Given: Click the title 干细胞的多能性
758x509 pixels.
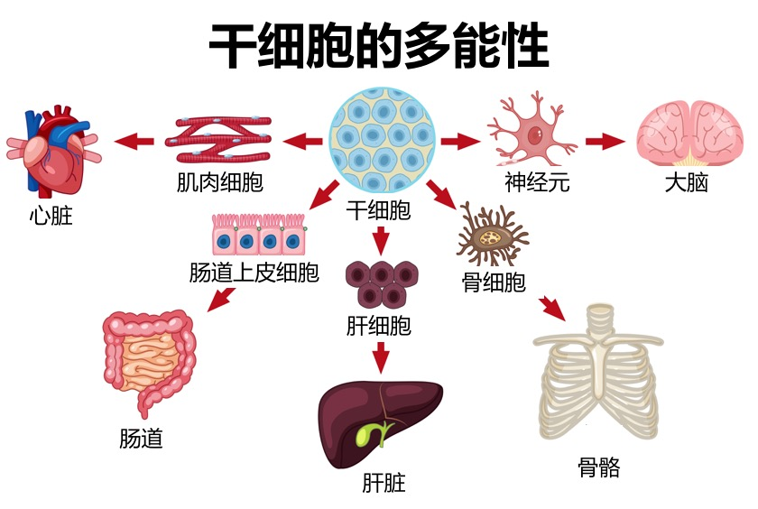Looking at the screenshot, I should tap(379, 47).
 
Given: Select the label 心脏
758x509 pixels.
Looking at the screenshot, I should tap(51, 217).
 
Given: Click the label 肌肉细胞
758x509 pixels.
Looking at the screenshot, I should tap(220, 183).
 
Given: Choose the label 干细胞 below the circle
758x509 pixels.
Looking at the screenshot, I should tap(379, 211).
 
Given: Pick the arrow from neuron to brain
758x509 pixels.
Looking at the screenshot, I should tap(605, 141).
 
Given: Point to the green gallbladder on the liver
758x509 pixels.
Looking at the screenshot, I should tap(366, 434).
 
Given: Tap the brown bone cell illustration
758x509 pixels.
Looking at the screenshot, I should tap(493, 236).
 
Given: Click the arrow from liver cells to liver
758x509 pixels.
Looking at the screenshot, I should tap(381, 356).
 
